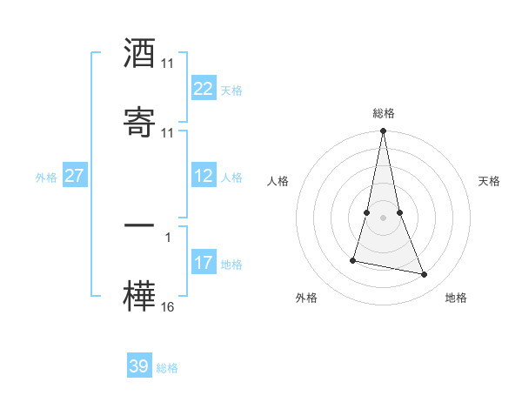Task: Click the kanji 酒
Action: pos(139,54)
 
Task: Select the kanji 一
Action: pos(139,226)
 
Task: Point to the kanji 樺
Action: pos(139,295)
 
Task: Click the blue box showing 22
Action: pos(203,89)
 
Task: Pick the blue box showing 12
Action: pos(203,176)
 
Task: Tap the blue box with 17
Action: pos(203,262)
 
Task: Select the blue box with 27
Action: pos(74,176)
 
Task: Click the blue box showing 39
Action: pos(139,366)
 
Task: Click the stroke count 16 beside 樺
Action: pos(168,307)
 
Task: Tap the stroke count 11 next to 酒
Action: pos(168,64)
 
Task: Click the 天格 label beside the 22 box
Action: pos(231,90)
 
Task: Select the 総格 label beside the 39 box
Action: pos(167,367)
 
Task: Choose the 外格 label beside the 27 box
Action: pos(46,177)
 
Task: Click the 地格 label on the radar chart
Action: pos(455,298)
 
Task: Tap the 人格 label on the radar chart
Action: pos(278,181)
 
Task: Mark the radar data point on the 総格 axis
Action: pos(383,131)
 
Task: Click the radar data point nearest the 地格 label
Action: pos(425,275)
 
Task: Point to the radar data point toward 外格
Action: pos(353,259)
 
